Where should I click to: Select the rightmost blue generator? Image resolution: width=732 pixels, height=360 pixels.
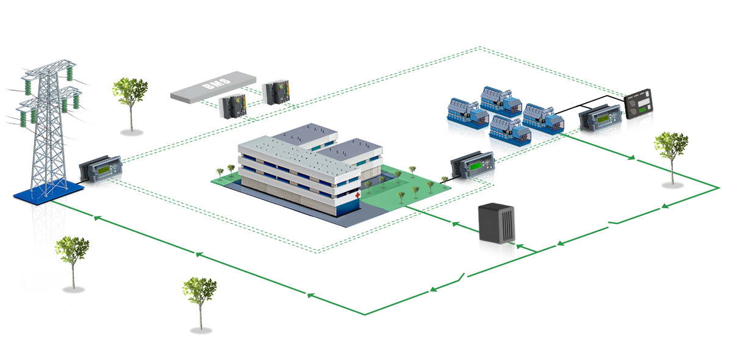coord(543,117)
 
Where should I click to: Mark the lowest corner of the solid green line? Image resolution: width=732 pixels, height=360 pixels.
coord(364,315)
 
